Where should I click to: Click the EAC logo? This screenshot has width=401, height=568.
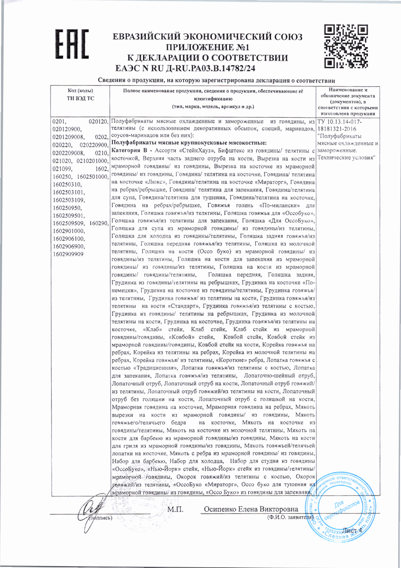pyautogui.click(x=71, y=44)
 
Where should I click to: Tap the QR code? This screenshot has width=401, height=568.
pyautogui.click(x=346, y=46)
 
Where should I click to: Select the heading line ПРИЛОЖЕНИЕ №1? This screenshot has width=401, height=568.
pyautogui.click(x=208, y=47)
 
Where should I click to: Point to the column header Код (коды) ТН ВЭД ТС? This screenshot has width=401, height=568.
pyautogui.click(x=80, y=95)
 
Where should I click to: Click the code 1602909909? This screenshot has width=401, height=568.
pyautogui.click(x=68, y=254)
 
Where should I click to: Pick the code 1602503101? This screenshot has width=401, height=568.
pyautogui.click(x=69, y=192)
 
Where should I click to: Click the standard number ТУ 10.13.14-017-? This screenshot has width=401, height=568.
pyautogui.click(x=339, y=122)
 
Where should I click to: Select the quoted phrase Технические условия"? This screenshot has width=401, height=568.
pyautogui.click(x=346, y=158)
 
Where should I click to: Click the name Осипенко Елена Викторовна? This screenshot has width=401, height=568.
pyautogui.click(x=251, y=509)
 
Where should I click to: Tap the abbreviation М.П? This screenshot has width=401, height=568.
pyautogui.click(x=175, y=509)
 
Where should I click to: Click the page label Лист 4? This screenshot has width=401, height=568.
pyautogui.click(x=351, y=530)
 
